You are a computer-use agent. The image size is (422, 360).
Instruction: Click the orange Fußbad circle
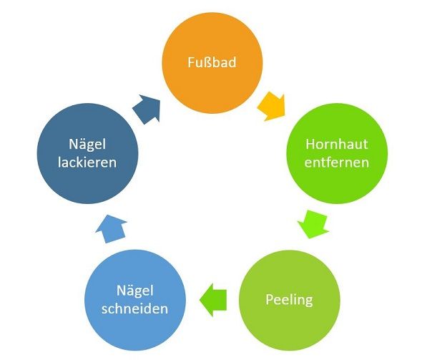coord(212,63)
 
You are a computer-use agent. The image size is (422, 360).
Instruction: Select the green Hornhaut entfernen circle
coord(337,153)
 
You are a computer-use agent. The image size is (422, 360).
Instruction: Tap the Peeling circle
coord(289,300)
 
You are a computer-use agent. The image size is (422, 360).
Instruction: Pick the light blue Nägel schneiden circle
coord(135,300)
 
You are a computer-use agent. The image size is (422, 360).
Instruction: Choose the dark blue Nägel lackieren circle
coord(87,153)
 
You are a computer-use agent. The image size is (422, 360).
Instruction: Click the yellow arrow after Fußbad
coord(272,107)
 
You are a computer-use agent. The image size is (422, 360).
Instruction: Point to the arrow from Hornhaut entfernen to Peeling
coord(313,224)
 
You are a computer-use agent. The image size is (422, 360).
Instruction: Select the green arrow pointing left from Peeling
coord(213,300)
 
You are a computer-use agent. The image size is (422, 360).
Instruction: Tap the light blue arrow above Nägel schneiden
coord(111,229)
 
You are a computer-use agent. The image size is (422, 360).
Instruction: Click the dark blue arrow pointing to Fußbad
coord(147,109)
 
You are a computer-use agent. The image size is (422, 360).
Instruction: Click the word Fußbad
coord(212,62)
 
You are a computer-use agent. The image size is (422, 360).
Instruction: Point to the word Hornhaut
coord(337,144)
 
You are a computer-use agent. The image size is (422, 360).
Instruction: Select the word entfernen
coord(336,162)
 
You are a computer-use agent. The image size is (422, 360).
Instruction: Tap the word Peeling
coord(289,300)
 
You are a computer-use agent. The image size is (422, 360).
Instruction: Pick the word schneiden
coord(135,308)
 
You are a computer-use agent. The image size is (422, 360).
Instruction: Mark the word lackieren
coord(87,162)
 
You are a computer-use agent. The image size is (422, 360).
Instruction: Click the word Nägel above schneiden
coord(135,291)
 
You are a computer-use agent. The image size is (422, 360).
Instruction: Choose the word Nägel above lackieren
coord(87,145)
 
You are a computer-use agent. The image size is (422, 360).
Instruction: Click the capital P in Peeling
coord(270,299)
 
